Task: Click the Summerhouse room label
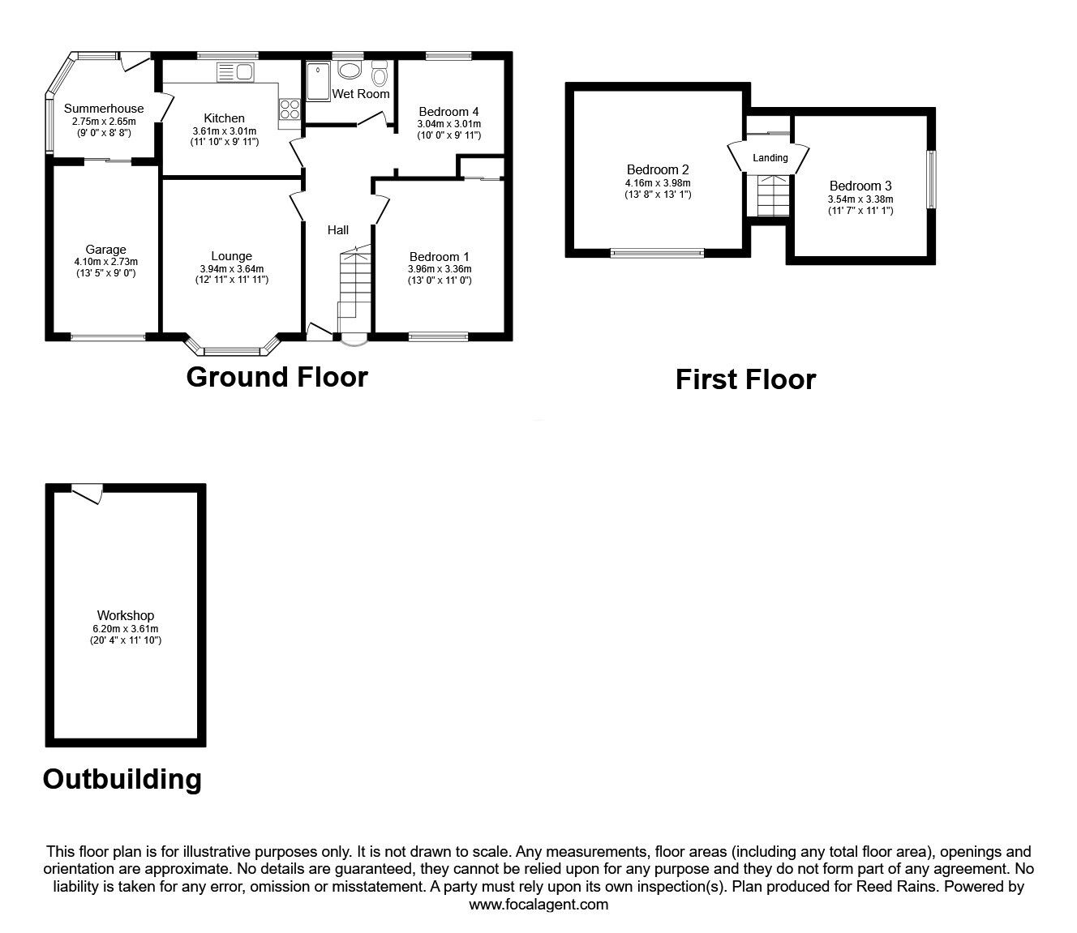104,109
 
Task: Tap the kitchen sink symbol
235,72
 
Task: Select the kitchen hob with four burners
290,109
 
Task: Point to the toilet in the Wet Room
380,74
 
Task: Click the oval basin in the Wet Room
349,70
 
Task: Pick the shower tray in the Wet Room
318,81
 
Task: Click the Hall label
338,229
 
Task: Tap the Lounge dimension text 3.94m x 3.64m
232,269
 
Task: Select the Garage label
105,250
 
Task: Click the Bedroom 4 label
448,112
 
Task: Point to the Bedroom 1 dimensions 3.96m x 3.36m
440,269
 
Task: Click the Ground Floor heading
277,377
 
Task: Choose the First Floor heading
745,379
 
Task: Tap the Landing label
770,158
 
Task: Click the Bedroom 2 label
658,169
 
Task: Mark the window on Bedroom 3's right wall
930,180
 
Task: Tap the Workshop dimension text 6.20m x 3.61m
126,629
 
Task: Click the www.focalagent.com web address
538,904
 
